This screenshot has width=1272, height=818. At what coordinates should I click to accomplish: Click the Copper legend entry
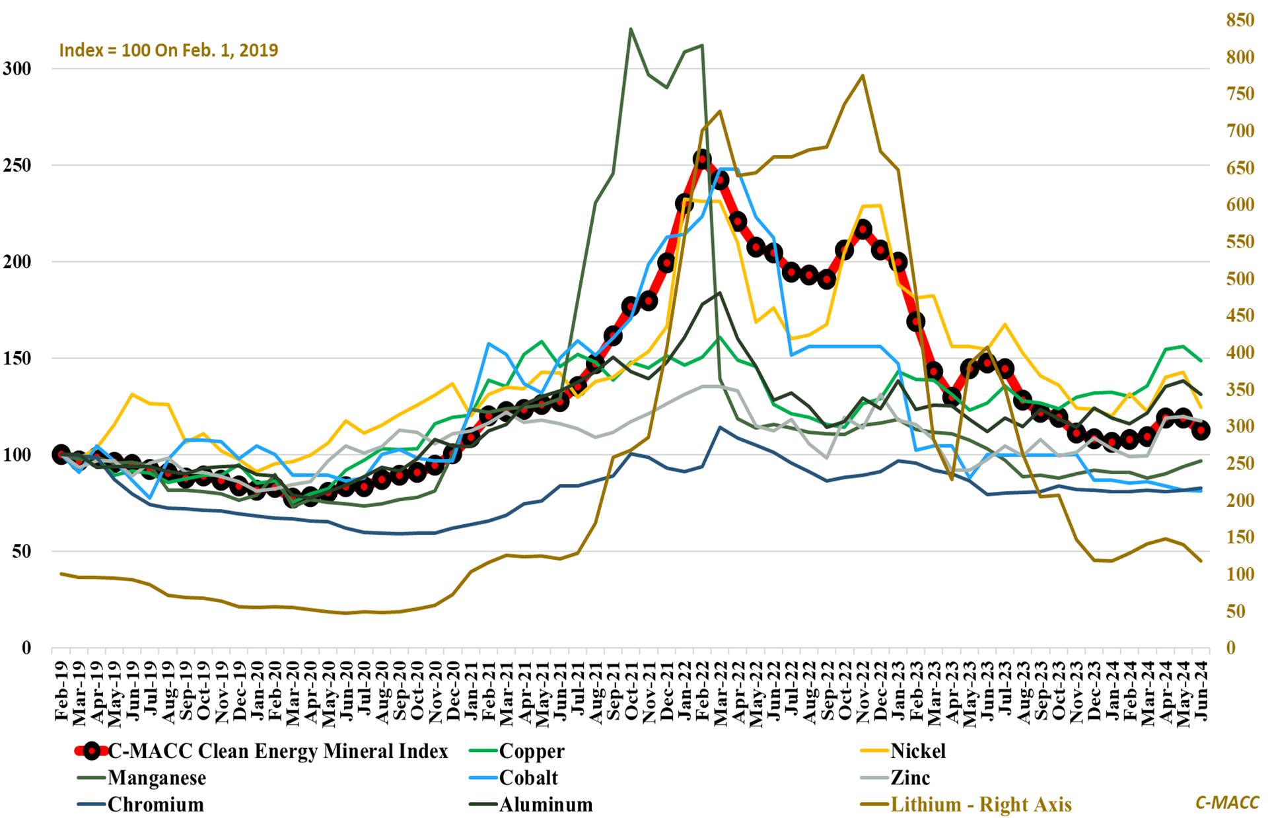coord(531,751)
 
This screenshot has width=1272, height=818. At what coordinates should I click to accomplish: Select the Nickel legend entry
coord(917,751)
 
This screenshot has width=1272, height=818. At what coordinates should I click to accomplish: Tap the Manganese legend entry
coord(157,778)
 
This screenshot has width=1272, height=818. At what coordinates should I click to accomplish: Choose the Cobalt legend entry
coord(528,778)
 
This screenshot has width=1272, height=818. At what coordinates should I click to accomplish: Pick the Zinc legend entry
coord(909,778)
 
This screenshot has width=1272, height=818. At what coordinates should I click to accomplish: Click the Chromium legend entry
coord(155,805)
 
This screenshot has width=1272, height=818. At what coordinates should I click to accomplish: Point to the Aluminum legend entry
coord(546,805)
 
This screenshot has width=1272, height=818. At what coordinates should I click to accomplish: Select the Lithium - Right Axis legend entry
coord(981,805)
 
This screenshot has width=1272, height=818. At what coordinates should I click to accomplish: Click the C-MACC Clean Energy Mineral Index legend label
coord(277,751)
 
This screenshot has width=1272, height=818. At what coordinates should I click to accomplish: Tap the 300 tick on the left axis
coord(17,69)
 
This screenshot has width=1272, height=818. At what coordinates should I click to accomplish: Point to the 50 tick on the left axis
coord(22,552)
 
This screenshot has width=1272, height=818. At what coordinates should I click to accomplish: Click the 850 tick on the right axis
coord(1240,20)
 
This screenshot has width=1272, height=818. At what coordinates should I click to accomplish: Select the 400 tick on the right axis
coord(1240,353)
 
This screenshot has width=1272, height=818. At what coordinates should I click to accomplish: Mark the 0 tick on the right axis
coord(1230,648)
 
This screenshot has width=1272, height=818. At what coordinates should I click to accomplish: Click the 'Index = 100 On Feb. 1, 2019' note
coord(168,51)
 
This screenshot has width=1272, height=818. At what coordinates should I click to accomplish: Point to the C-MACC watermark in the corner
coord(1227,802)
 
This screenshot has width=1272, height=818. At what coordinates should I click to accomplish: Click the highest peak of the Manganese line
coord(631,29)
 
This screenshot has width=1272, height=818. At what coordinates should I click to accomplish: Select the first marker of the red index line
coord(61,455)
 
